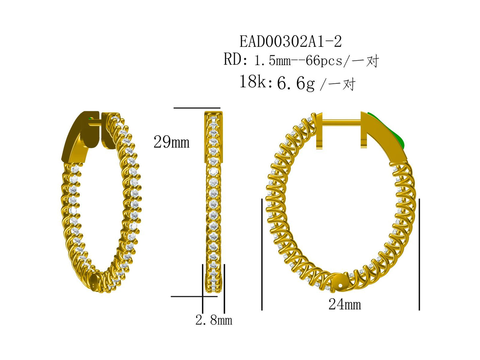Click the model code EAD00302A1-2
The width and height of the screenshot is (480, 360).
coord(291,42)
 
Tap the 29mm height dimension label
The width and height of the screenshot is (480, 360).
coord(171,142)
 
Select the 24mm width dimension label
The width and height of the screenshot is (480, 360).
coord(344,304)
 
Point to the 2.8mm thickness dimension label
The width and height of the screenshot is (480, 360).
coord(214,320)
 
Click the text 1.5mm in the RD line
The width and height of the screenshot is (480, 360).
coord(269,61)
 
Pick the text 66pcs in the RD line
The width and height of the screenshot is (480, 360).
coord(324,61)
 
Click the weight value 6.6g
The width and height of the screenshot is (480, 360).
coord(296,83)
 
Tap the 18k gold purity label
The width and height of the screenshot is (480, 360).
coord(252,82)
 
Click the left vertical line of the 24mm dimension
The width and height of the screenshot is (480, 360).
coord(262,254)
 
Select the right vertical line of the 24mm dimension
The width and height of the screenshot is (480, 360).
coord(420,254)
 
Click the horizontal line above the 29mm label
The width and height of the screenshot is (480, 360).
coord(197,108)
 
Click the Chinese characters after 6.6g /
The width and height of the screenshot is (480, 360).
coord(342,84)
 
